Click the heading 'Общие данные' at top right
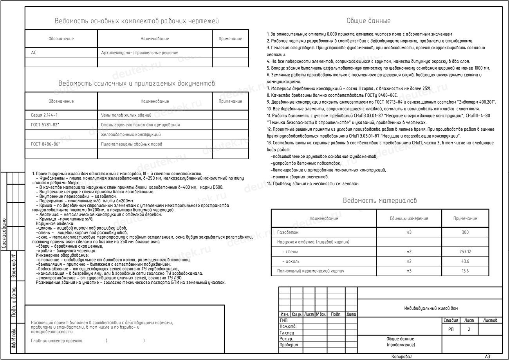pyautogui.click(x=368, y=21)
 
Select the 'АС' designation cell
pyautogui.click(x=34, y=52)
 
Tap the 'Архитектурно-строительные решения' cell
pyautogui.click(x=139, y=52)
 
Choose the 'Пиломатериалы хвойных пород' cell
pyautogui.click(x=132, y=144)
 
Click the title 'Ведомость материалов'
pyautogui.click(x=380, y=201)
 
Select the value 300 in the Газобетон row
pyautogui.click(x=465, y=232)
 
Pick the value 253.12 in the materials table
pyautogui.click(x=465, y=252)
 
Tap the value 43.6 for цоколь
pyautogui.click(x=465, y=261)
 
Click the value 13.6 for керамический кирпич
pyautogui.click(x=465, y=271)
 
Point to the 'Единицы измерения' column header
pyautogui.click(x=409, y=218)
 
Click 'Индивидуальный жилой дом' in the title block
pyautogui.click(x=431, y=308)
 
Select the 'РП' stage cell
pyautogui.click(x=451, y=329)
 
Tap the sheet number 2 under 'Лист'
pyautogui.click(x=469, y=329)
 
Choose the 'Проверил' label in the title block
pyautogui.click(x=289, y=345)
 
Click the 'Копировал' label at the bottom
pyautogui.click(x=402, y=356)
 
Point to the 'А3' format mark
pyautogui.click(x=487, y=356)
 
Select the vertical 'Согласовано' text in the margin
pyautogui.click(x=5, y=234)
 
